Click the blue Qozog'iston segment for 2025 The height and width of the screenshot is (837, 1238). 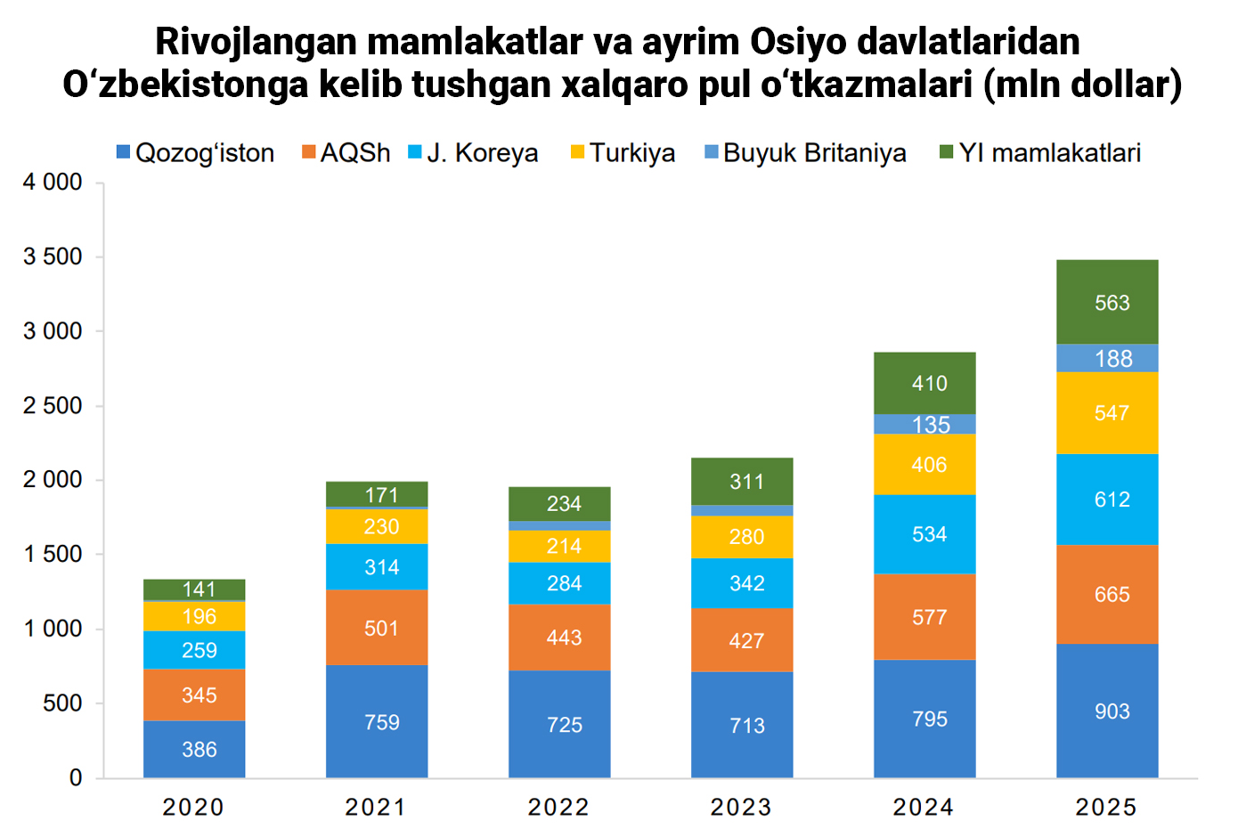point(1107,711)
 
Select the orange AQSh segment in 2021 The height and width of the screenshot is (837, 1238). point(377,628)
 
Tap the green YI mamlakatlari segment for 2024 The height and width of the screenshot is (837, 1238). point(924,383)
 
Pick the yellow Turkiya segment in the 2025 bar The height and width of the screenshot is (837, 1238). point(1107,413)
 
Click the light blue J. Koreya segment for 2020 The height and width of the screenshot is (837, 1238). point(194,650)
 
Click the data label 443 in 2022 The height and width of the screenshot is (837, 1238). point(564,638)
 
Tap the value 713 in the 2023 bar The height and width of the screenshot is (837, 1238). point(746,726)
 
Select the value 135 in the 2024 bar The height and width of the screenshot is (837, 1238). point(930,425)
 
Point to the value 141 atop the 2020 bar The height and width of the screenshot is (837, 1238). point(199,589)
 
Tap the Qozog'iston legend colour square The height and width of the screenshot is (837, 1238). point(124,153)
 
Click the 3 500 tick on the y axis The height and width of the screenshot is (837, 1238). point(53,257)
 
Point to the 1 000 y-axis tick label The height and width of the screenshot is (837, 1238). point(53,630)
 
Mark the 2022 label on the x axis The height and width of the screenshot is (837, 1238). point(558,808)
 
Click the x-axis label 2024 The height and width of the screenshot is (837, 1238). point(924,808)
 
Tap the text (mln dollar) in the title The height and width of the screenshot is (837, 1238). point(1083,85)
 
